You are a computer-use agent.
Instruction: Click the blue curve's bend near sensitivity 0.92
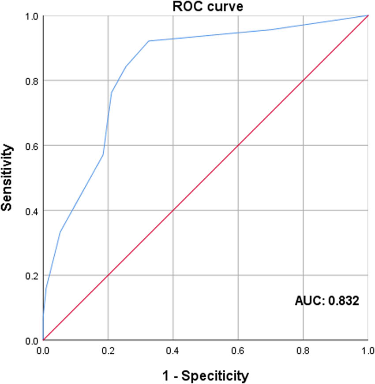[x=149, y=41]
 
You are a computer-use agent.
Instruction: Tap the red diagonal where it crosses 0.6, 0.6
[x=238, y=145]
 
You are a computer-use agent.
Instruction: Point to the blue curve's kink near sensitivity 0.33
[x=60, y=232]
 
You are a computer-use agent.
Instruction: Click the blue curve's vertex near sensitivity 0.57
[x=103, y=155]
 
